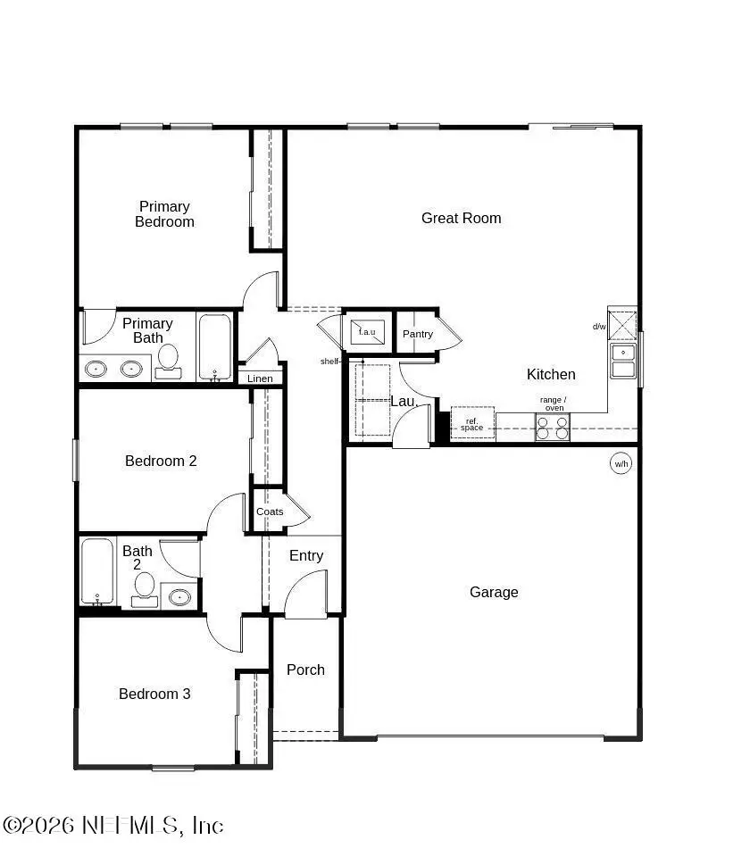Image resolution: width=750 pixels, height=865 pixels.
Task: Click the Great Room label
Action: (461, 218)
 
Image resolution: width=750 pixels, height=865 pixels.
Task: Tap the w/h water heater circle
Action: (621, 463)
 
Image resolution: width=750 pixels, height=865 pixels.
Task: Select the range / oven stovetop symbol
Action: (553, 428)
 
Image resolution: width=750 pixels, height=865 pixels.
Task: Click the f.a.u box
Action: (367, 331)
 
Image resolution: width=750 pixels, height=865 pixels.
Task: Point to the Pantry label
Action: (417, 334)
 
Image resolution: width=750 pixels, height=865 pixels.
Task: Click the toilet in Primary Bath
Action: (167, 362)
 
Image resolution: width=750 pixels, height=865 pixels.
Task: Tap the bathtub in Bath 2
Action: (96, 571)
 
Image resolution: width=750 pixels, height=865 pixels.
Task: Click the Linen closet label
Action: (260, 378)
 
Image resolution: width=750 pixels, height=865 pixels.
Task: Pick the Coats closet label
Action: (270, 512)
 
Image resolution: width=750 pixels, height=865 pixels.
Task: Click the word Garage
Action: (494, 592)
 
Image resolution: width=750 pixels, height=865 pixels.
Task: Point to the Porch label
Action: (305, 670)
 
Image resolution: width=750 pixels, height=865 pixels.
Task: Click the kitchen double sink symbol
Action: (622, 361)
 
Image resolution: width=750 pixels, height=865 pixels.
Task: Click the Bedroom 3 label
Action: (154, 694)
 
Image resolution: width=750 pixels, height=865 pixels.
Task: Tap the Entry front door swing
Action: (306, 594)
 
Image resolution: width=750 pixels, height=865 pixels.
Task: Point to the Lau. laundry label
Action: (404, 402)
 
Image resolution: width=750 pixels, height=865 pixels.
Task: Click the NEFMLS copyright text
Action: (113, 825)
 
